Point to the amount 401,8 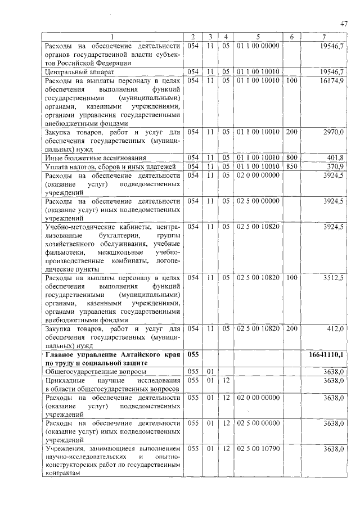[335, 158]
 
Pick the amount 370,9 [335, 166]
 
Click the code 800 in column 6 [291, 158]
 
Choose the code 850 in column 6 [291, 166]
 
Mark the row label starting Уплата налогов [110, 166]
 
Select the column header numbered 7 [325, 37]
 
